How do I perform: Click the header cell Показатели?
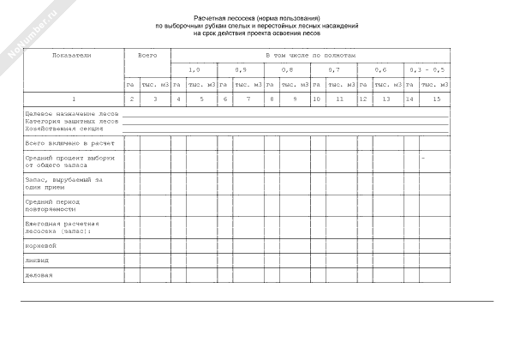pos(71,54)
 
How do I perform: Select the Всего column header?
pos(147,54)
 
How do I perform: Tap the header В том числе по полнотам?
pos(309,54)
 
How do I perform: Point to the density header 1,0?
pos(194,69)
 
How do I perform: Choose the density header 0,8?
pos(286,69)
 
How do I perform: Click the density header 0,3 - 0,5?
pos(427,69)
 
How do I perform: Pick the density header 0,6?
pos(380,69)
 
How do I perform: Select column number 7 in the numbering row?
pos(248,100)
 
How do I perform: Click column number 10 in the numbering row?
pos(316,100)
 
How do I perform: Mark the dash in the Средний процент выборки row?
pos(423,159)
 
